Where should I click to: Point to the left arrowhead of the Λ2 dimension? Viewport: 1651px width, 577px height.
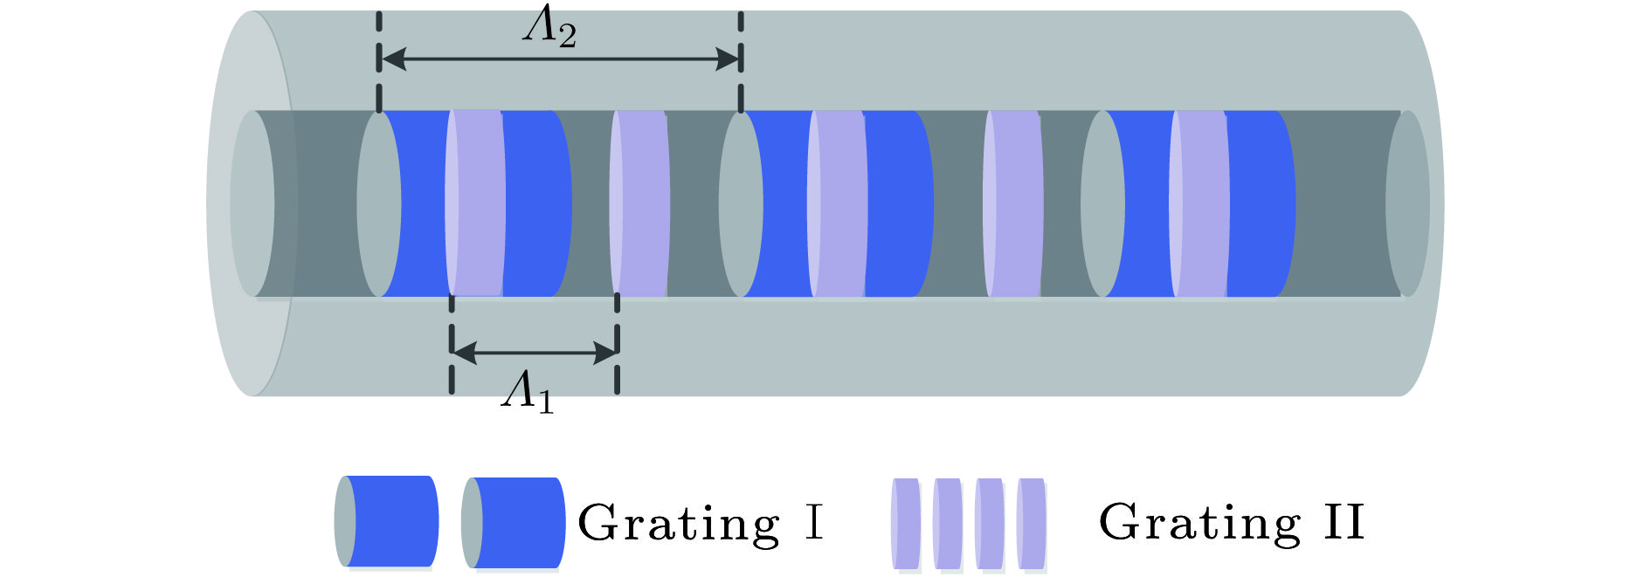[393, 59]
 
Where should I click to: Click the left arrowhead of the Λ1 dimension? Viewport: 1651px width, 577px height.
[465, 353]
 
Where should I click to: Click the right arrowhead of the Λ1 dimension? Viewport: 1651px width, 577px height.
[604, 353]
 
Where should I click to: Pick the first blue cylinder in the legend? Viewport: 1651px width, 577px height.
[386, 521]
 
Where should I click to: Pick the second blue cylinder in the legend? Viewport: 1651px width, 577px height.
[513, 522]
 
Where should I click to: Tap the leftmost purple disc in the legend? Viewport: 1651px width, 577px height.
[906, 523]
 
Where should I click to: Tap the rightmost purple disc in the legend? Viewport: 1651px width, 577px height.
[1032, 523]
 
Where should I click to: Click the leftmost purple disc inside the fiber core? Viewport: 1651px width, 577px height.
[475, 203]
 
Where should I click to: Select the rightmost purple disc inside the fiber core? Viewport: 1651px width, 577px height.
[1199, 203]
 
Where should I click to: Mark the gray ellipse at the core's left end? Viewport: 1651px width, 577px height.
[252, 203]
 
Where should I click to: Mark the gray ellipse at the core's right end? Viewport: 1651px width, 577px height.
[1407, 203]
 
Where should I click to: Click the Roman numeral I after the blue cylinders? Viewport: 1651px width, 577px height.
[813, 522]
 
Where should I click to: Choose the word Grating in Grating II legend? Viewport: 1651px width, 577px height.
[1200, 523]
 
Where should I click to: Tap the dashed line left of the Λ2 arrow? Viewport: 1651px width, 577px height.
[379, 61]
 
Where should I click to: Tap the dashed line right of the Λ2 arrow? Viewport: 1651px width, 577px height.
[741, 61]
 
